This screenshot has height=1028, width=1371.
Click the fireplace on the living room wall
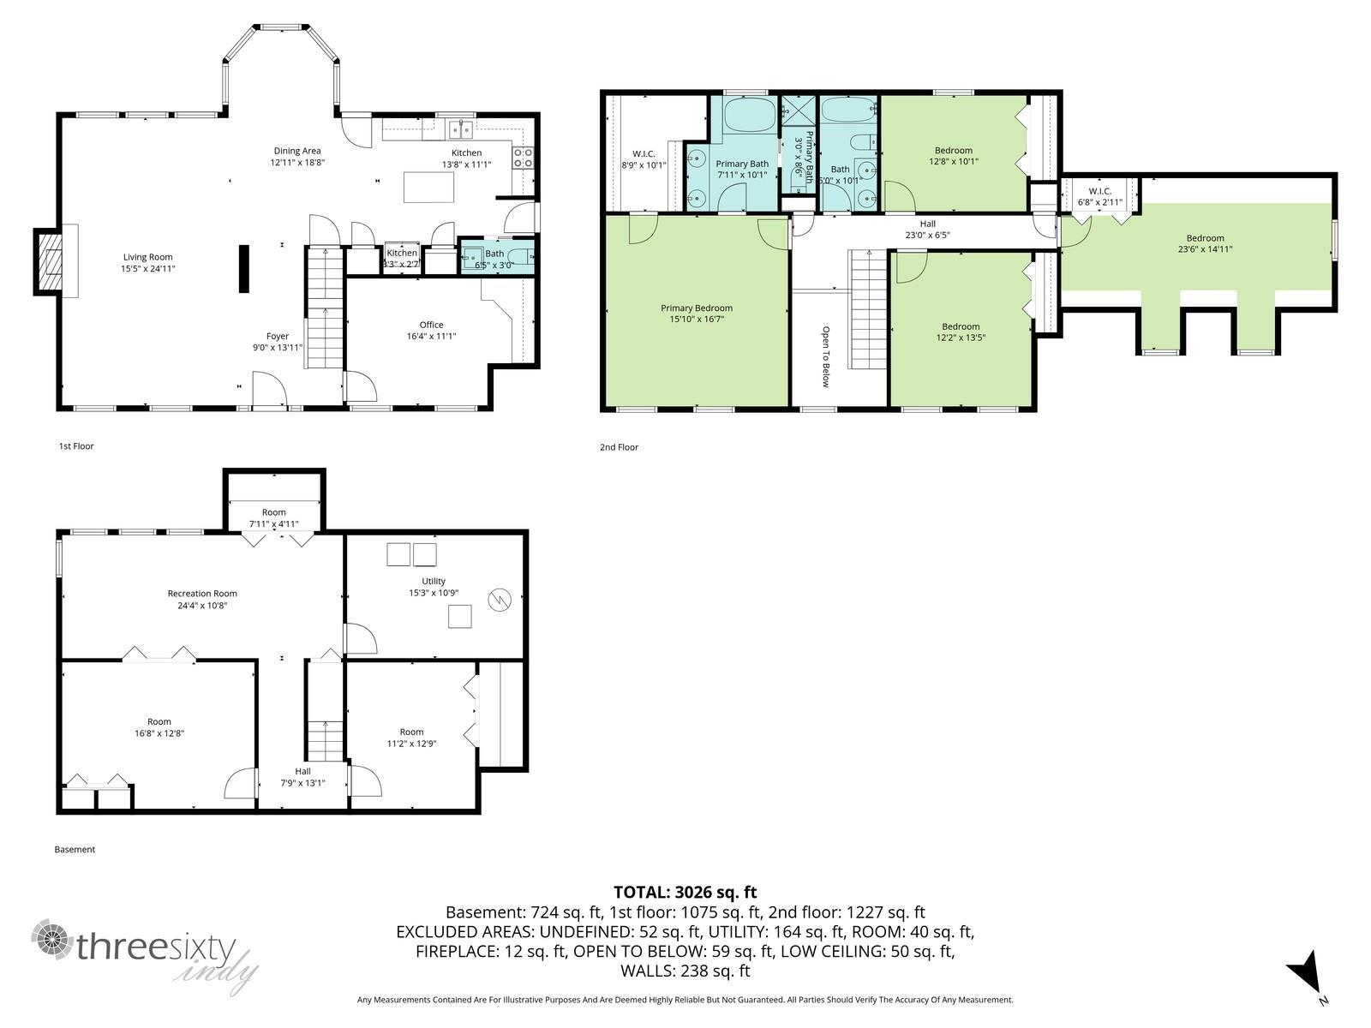48,261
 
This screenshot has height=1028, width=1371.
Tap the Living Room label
148,257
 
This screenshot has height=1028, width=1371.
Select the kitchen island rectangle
428,188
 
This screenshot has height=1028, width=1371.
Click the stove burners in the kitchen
523,158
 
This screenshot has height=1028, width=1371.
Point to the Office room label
432,325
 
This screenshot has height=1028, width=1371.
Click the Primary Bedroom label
697,308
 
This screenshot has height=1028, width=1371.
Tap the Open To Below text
826,356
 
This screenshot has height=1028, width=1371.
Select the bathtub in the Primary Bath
750,114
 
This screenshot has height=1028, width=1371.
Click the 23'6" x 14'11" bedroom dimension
1205,249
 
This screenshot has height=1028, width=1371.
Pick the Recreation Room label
202,594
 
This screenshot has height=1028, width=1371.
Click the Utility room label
434,581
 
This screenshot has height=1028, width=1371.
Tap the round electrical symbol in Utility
500,600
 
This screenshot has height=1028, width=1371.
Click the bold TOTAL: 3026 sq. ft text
685,892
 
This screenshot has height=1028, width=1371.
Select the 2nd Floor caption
619,447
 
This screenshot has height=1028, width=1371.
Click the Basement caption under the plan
75,850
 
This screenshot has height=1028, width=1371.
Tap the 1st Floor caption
76,446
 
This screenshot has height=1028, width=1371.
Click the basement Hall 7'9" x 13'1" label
303,777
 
